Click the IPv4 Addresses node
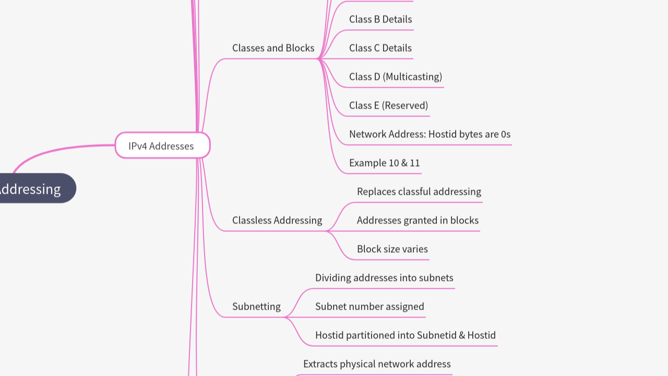click(162, 146)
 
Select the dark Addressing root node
click(31, 189)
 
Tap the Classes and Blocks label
click(273, 48)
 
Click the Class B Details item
click(380, 19)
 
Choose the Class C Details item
click(380, 48)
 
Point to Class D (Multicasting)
click(395, 77)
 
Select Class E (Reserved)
click(388, 105)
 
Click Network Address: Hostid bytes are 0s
click(430, 134)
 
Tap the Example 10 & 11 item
click(384, 163)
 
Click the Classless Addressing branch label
click(277, 220)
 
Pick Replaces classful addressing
click(419, 192)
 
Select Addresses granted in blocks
click(417, 220)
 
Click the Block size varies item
click(392, 249)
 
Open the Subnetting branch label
click(256, 307)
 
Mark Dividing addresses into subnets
click(384, 278)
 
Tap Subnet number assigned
click(369, 307)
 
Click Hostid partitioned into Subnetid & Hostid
click(405, 335)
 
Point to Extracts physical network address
click(376, 364)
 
